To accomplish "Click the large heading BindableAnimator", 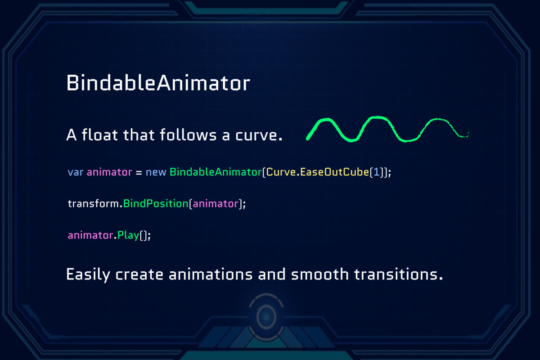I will (x=158, y=84).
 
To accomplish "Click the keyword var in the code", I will (x=76, y=172).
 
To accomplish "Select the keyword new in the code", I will (x=156, y=172).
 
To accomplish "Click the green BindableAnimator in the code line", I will (x=215, y=172).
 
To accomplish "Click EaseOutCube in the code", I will (x=334, y=172).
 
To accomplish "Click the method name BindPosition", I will (x=155, y=203).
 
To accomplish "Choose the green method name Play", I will (x=128, y=235).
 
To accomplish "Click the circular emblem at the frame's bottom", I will (x=266, y=317).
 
